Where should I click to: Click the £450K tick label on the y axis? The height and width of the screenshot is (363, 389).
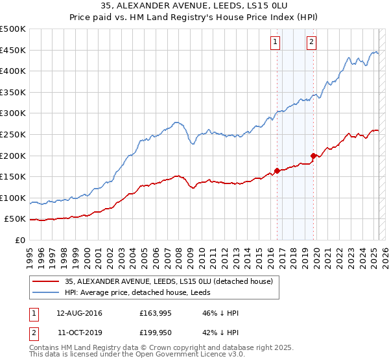[x=13, y=50]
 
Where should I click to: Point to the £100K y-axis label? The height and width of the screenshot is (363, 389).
[x=13, y=198]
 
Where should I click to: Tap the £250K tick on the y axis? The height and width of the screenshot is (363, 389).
[x=13, y=134]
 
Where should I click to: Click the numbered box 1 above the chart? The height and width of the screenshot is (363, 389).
[x=276, y=42]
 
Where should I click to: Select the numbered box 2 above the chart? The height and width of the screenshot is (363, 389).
[x=311, y=42]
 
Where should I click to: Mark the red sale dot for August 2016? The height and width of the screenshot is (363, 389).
[x=277, y=170]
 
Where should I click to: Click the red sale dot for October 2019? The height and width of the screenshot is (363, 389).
[x=313, y=156]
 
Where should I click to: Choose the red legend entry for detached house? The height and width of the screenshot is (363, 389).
[x=169, y=281]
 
